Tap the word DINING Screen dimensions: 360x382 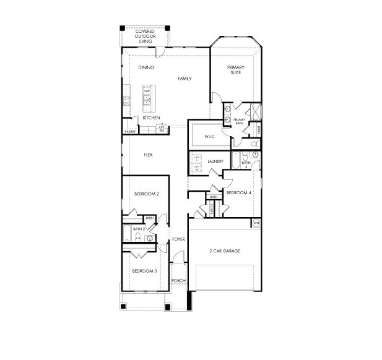click(x=146, y=67)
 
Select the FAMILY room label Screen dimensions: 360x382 click(x=184, y=79)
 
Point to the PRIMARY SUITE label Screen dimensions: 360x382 click(x=235, y=70)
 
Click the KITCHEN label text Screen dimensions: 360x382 click(x=151, y=118)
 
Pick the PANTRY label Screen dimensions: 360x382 click(x=130, y=132)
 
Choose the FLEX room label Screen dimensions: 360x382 click(x=149, y=155)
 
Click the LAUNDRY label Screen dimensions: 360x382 click(x=215, y=162)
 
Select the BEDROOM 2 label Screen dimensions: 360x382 click(x=147, y=194)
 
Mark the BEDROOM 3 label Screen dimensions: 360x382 click(x=144, y=271)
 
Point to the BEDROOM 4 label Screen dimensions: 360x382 click(x=239, y=193)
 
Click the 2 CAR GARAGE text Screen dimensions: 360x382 click(x=224, y=251)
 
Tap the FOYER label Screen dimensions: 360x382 click(x=178, y=239)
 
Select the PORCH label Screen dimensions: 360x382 click(x=178, y=281)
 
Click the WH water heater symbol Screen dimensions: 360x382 click(x=256, y=223)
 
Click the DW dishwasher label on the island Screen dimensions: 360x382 click(x=147, y=92)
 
